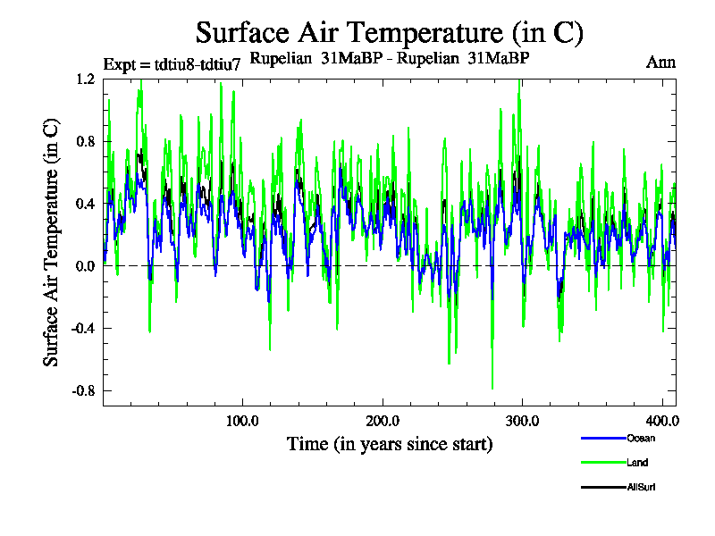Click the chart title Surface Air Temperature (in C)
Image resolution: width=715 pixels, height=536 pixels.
389,33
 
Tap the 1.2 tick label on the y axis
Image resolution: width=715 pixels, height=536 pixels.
86,79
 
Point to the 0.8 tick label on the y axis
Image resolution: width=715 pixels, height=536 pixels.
86,141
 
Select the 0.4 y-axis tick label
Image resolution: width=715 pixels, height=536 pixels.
86,204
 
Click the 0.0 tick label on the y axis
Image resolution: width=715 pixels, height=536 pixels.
86,266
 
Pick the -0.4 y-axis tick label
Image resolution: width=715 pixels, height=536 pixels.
84,329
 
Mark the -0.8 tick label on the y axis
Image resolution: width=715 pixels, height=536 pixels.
84,391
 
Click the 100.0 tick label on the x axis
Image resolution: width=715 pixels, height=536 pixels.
242,420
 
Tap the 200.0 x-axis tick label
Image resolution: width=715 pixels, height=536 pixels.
382,420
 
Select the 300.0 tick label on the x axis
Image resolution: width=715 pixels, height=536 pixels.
521,420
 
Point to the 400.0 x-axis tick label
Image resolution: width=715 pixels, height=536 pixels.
660,420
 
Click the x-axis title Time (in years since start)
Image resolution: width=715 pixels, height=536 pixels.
389,444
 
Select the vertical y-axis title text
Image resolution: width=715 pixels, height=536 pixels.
52,241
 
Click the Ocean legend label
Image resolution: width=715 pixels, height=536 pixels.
641,438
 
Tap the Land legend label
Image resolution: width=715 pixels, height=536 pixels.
637,463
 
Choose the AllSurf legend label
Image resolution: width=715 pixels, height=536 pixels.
642,487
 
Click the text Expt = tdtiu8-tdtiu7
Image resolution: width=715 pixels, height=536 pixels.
172,64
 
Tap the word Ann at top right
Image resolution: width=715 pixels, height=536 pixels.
660,63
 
